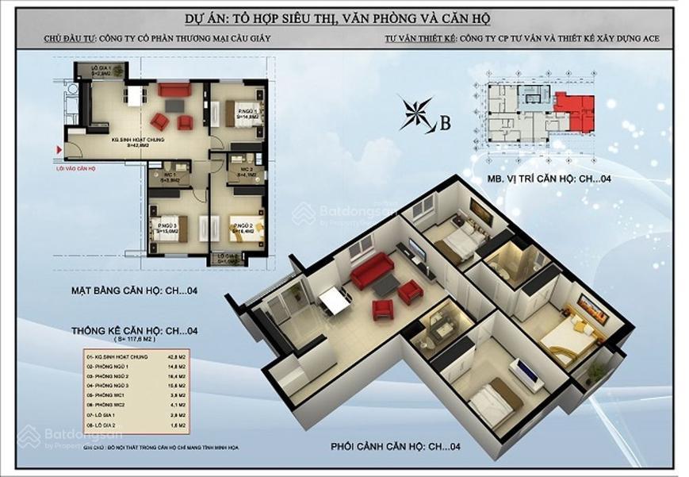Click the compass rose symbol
(x=418, y=113)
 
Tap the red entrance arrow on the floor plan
(x=59, y=149)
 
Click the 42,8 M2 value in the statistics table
(x=178, y=359)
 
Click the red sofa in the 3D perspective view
(x=372, y=270)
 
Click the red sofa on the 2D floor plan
(x=174, y=90)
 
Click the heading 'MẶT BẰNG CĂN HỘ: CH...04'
(x=134, y=291)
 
